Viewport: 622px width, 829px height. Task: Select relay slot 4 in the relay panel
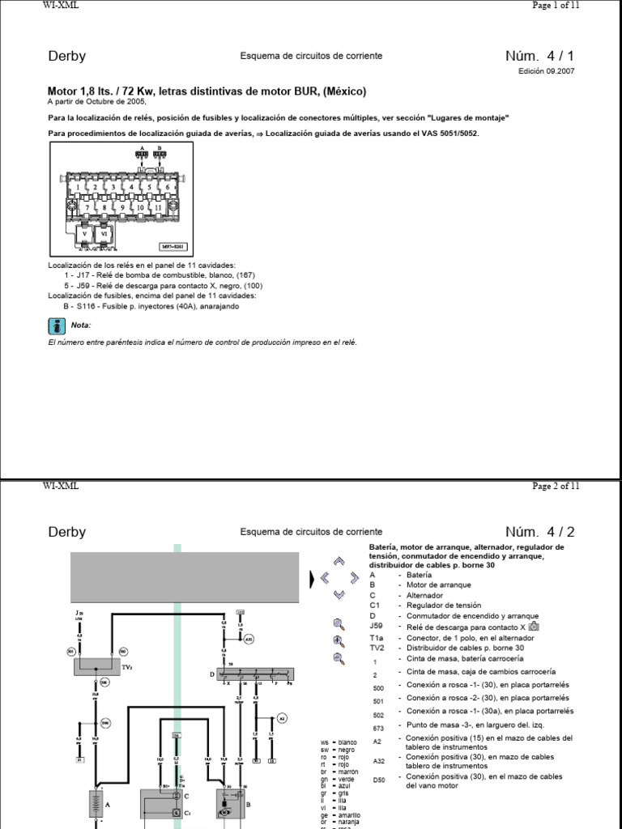tap(131, 187)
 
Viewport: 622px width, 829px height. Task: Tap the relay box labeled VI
tap(104, 235)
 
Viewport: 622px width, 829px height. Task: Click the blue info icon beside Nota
tap(57, 325)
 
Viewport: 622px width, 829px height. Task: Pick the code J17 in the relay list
tap(85, 275)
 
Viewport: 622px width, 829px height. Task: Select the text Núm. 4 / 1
tap(543, 56)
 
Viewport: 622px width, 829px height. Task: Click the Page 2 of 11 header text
tap(556, 486)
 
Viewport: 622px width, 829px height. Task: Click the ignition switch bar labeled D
tap(256, 673)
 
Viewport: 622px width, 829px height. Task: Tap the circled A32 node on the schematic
tap(249, 638)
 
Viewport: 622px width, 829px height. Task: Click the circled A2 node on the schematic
tap(282, 717)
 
